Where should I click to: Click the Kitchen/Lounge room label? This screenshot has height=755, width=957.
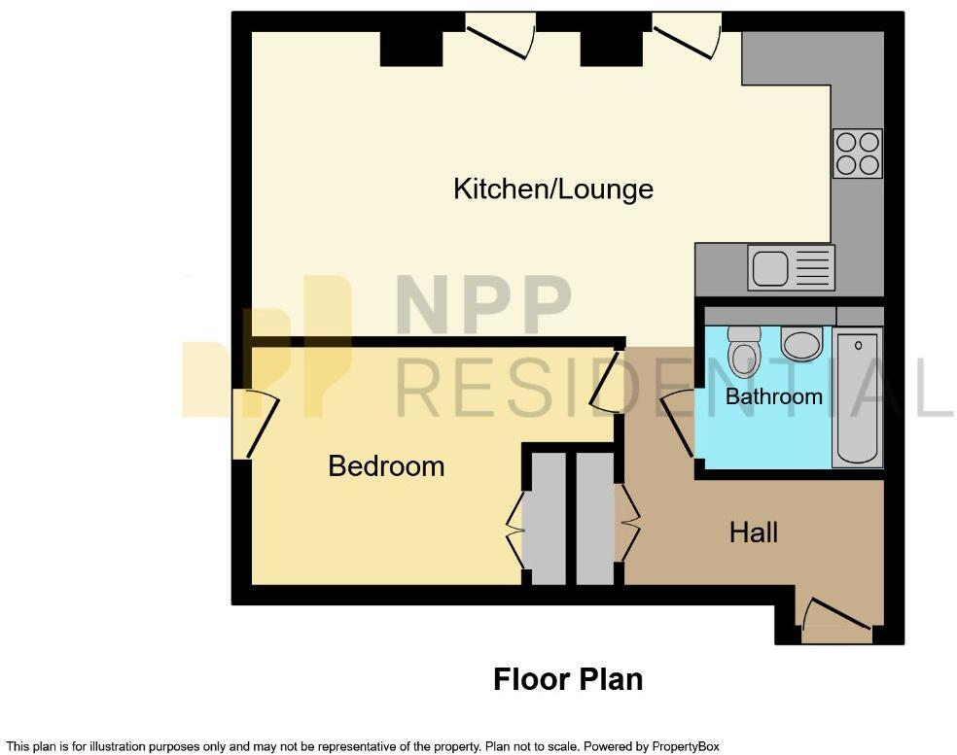click(x=552, y=189)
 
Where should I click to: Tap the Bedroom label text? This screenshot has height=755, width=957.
click(x=386, y=466)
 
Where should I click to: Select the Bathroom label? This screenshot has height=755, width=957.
click(x=773, y=396)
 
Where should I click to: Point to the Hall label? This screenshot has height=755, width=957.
click(x=754, y=532)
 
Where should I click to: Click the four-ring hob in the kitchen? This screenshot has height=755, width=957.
click(x=857, y=154)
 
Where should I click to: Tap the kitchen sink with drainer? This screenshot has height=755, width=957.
click(x=791, y=267)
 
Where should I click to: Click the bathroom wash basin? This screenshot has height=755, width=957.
click(x=801, y=343)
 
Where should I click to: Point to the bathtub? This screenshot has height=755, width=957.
click(x=857, y=397)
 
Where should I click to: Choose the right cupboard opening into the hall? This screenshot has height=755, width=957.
click(x=595, y=517)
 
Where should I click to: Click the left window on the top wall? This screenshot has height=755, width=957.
click(x=501, y=35)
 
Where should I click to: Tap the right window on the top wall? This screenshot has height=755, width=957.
click(x=688, y=35)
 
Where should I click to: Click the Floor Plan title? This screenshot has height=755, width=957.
click(x=568, y=679)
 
